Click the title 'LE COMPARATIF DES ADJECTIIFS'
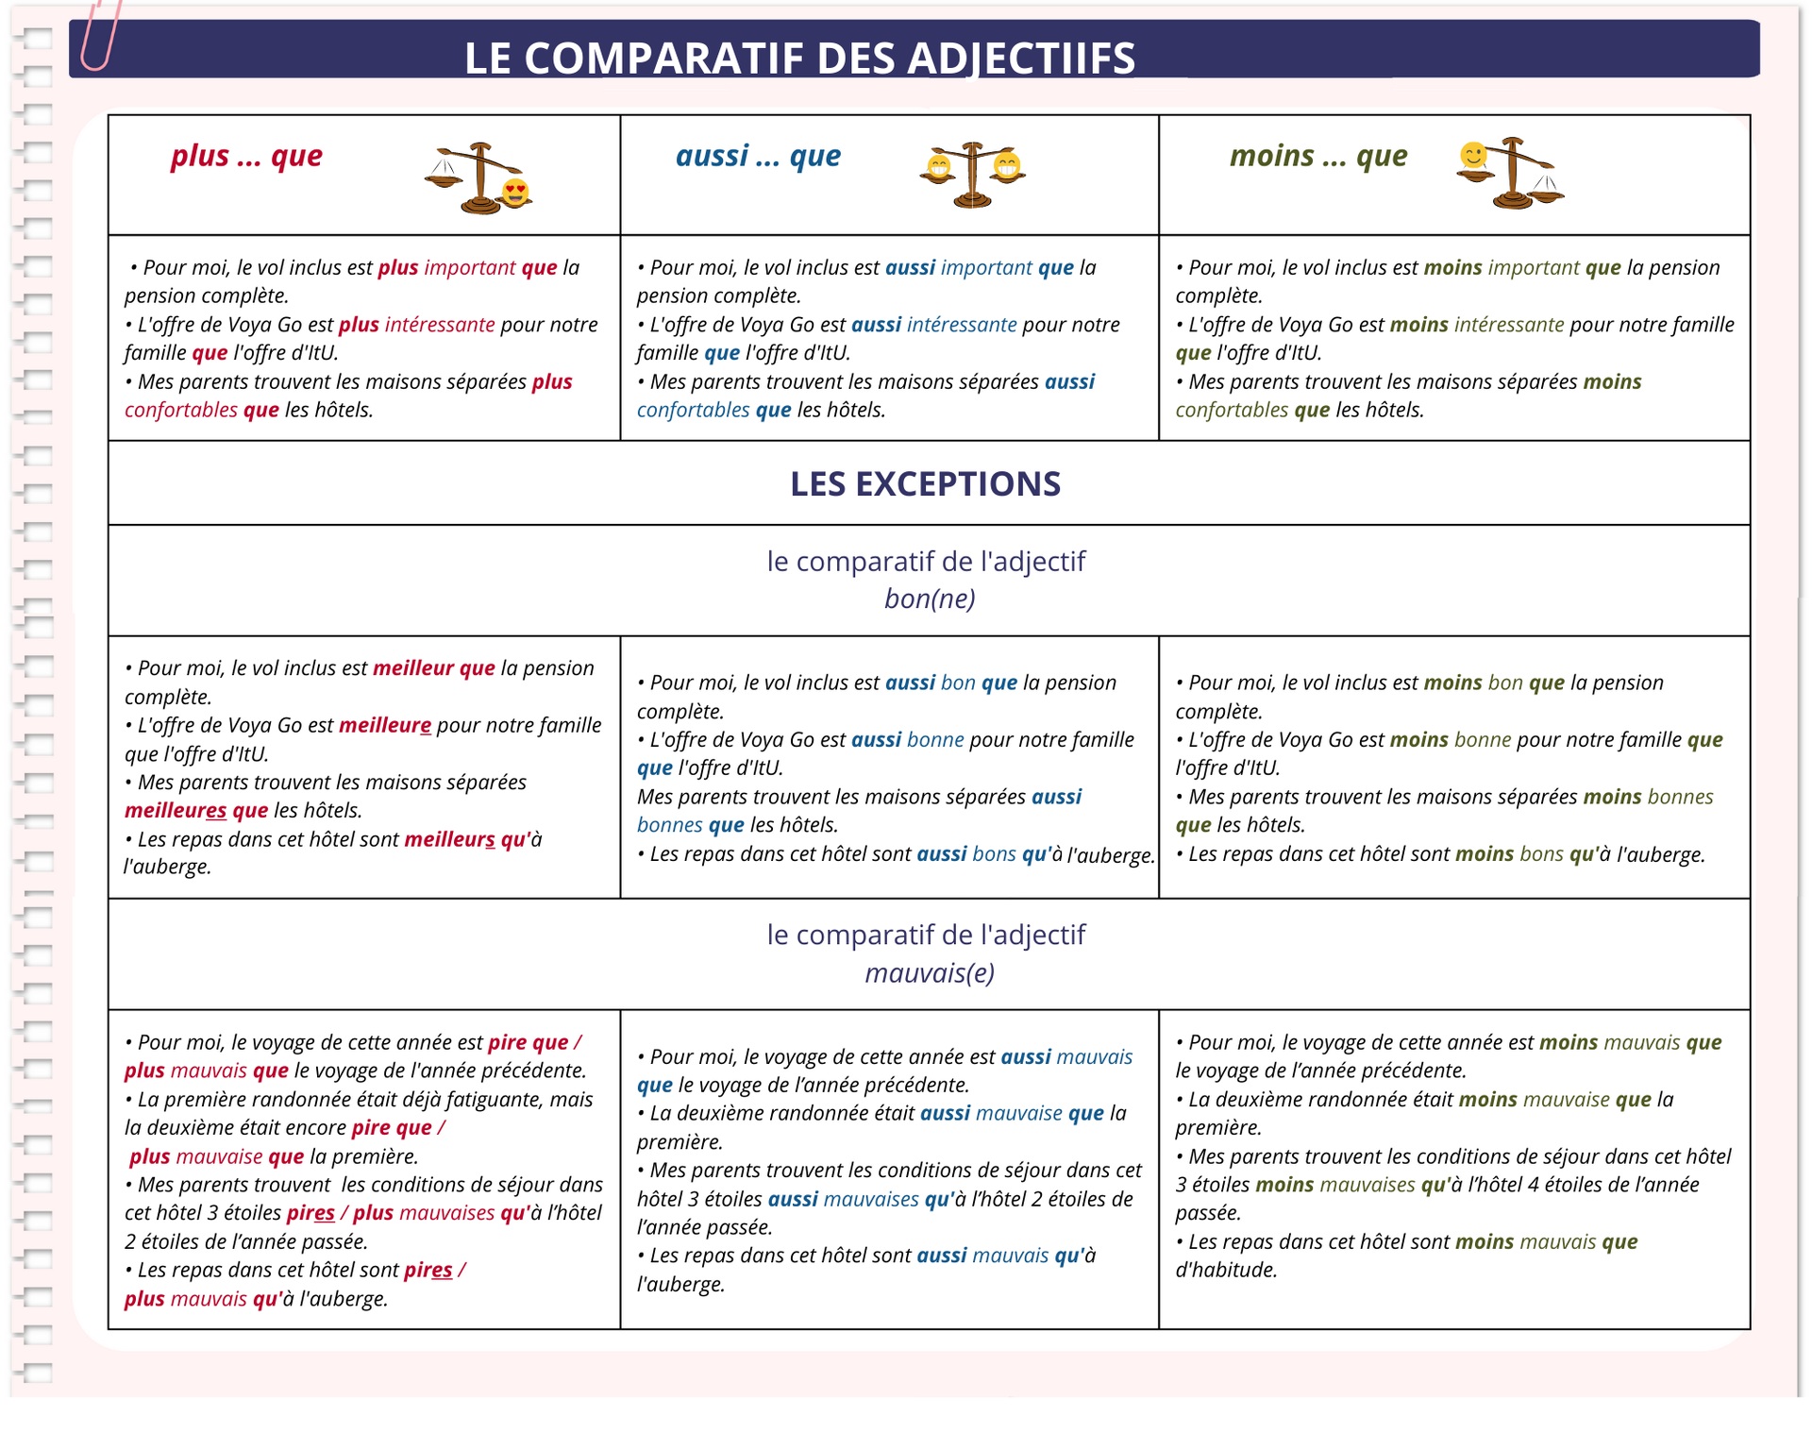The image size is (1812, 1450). (x=799, y=58)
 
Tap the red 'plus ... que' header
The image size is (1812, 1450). (x=246, y=156)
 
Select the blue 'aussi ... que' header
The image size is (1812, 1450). (x=758, y=156)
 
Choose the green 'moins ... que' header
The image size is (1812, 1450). (x=1317, y=156)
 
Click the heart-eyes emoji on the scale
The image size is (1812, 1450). (x=515, y=192)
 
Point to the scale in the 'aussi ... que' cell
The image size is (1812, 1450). (x=972, y=175)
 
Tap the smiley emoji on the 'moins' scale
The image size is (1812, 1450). (x=1472, y=155)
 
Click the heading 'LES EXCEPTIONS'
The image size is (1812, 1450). (x=925, y=484)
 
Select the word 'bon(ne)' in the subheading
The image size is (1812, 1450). (x=930, y=599)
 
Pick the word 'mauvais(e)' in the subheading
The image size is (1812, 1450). (x=930, y=972)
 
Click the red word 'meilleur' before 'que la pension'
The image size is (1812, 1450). (x=413, y=668)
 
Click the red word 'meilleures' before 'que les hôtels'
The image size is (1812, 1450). (x=176, y=811)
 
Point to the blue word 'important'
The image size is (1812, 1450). (x=986, y=268)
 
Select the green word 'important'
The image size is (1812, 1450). (x=1533, y=268)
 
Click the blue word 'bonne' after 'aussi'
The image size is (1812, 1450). (x=935, y=740)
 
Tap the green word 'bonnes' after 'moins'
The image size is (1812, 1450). (x=1680, y=797)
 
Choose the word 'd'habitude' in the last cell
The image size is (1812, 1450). (x=1226, y=1271)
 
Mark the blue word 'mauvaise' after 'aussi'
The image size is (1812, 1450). (x=1018, y=1114)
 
